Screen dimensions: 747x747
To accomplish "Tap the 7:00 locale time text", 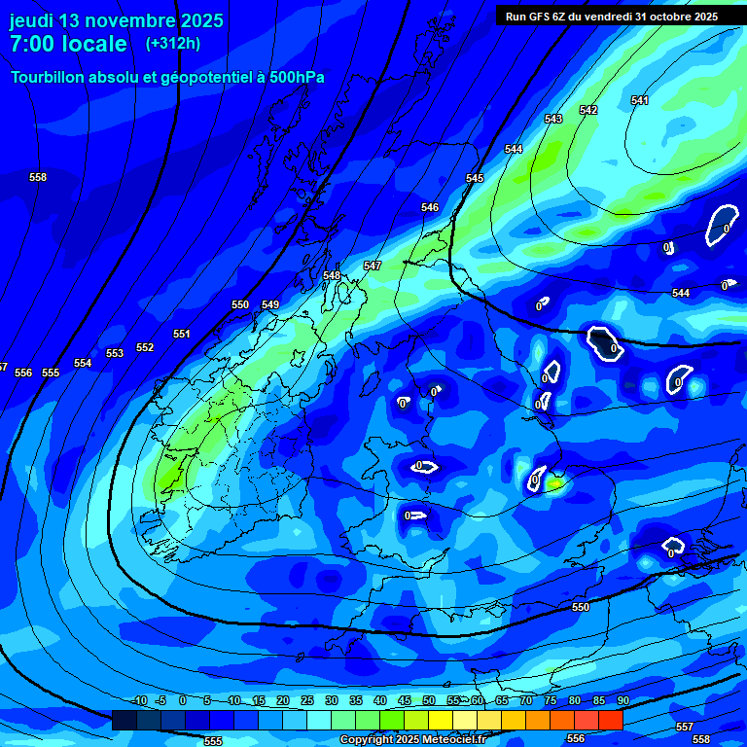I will (x=68, y=44).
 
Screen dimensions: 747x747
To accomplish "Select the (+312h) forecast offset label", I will (x=173, y=44).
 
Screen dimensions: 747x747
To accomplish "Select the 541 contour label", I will (x=639, y=101).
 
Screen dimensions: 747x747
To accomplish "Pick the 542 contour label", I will (x=588, y=111).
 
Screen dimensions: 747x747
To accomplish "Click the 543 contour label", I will (x=553, y=120).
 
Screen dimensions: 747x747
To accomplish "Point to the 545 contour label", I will (x=475, y=179).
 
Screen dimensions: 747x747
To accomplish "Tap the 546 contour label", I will (x=430, y=208).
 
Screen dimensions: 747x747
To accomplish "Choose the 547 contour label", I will (x=373, y=267).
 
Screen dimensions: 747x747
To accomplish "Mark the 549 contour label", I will (x=270, y=305).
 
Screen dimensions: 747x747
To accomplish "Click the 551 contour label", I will (x=182, y=335).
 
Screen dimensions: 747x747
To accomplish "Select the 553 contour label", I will (x=115, y=354).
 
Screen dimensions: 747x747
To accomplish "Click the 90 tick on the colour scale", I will (x=622, y=700).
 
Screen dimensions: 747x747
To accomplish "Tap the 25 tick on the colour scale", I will (x=307, y=700).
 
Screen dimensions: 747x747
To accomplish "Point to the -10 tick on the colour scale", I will (x=138, y=700).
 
